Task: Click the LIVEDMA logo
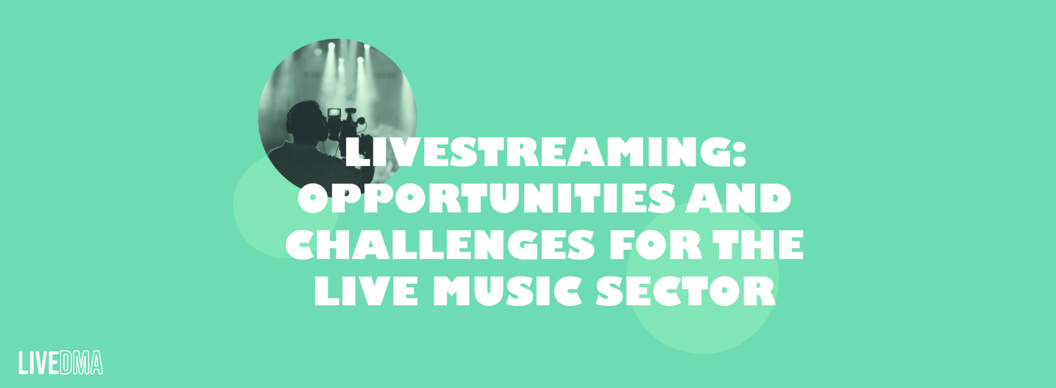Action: pyautogui.click(x=61, y=363)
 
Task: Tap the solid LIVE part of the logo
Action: pyautogui.click(x=39, y=363)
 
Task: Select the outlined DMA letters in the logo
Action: pyautogui.click(x=81, y=363)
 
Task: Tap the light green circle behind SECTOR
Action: pyautogui.click(x=702, y=278)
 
